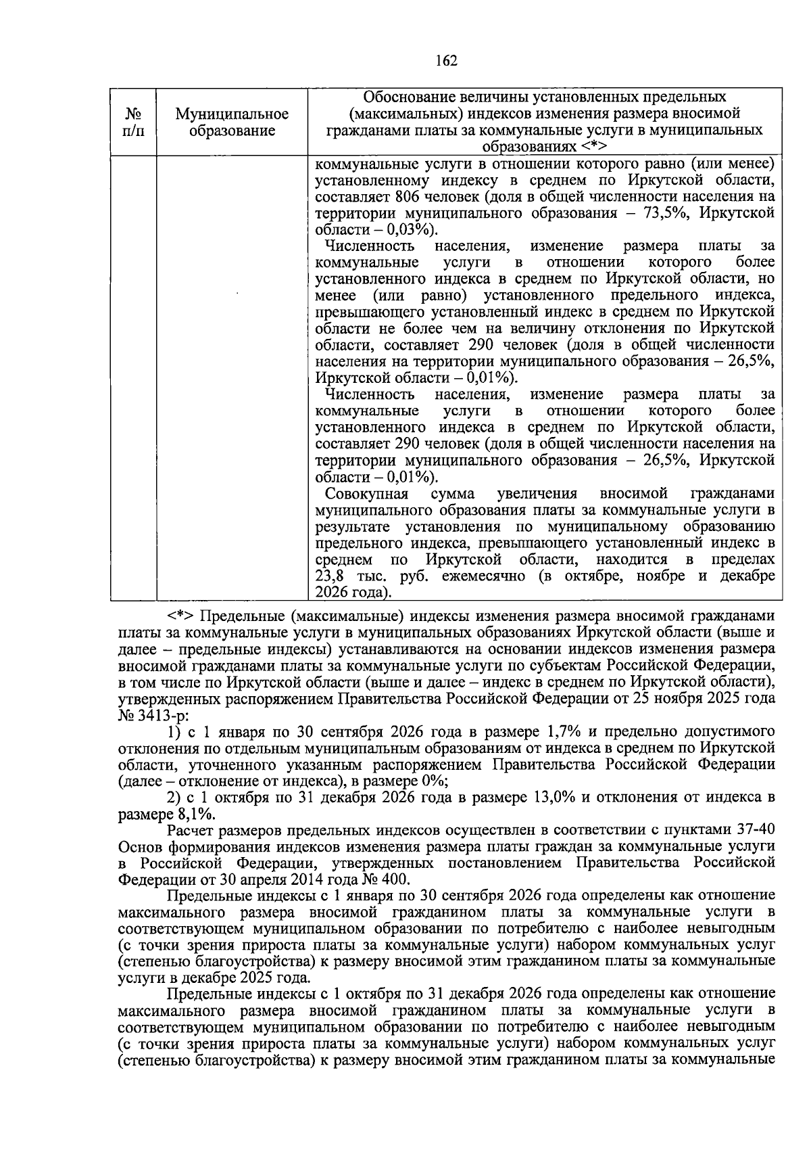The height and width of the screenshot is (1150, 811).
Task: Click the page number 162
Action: point(447,61)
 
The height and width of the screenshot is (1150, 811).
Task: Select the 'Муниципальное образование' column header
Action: point(232,122)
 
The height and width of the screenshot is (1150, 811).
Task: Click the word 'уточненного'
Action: point(222,765)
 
